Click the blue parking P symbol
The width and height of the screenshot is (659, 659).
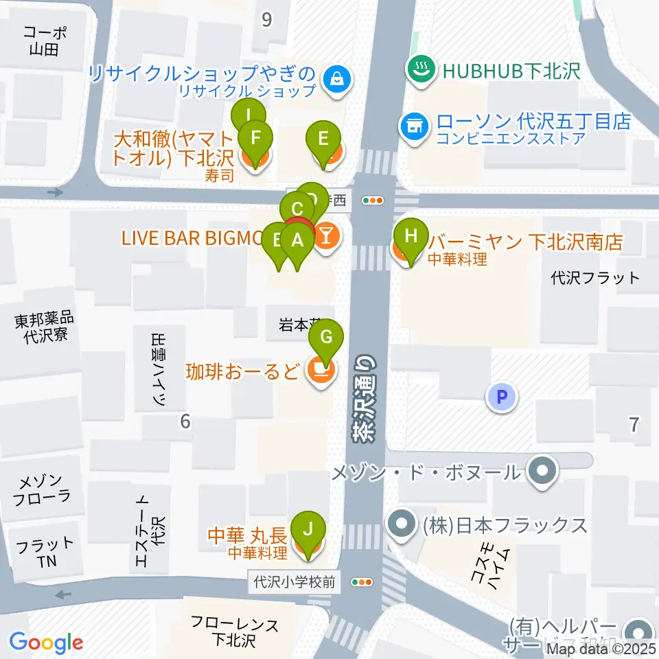tap(502, 396)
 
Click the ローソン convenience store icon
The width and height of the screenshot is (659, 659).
tap(414, 124)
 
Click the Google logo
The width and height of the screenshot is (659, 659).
tap(46, 643)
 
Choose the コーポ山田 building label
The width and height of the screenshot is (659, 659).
tap(45, 40)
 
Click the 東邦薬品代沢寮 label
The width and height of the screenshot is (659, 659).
tap(43, 328)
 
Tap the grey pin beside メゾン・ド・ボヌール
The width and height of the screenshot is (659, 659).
tap(543, 472)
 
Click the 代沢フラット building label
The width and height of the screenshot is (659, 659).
tap(596, 278)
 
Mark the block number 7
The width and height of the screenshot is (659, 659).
tap(634, 424)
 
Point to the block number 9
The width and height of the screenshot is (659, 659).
tap(266, 20)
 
